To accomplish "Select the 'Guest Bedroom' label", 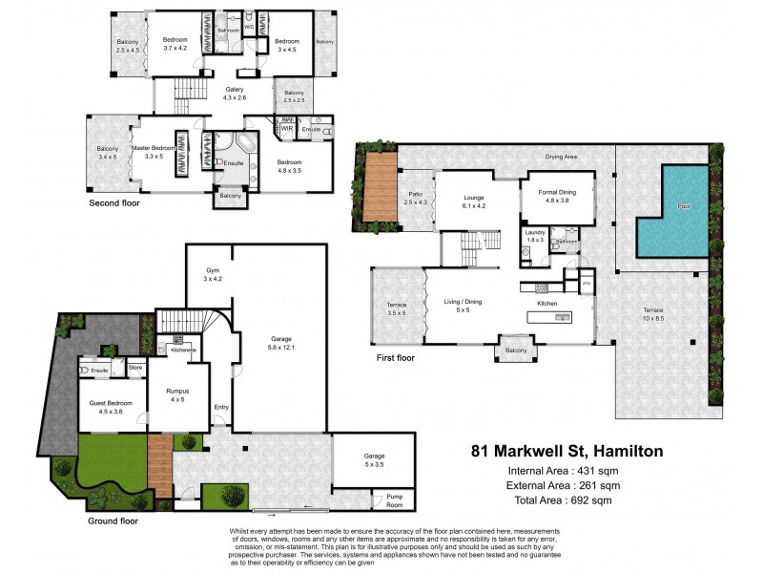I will coord(106,405).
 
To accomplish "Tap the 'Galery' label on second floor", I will coord(235,92).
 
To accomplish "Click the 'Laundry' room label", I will coord(534,234).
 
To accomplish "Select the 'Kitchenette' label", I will coord(183,350).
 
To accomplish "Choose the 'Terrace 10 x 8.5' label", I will coord(652,316).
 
